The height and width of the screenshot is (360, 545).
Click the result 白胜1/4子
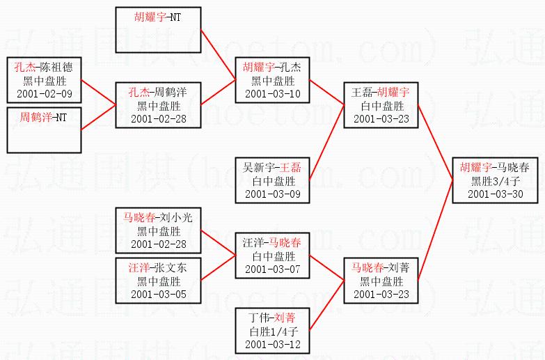(x=272, y=331)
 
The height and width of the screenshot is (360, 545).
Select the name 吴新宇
(x=258, y=167)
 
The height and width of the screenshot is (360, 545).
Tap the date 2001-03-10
(x=272, y=93)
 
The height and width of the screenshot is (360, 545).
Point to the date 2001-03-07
(x=272, y=269)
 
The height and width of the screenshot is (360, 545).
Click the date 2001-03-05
(x=159, y=295)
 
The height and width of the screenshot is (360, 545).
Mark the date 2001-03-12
(x=272, y=344)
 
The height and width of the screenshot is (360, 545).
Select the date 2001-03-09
(x=272, y=194)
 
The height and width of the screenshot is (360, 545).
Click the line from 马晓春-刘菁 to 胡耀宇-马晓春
(x=435, y=230)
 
